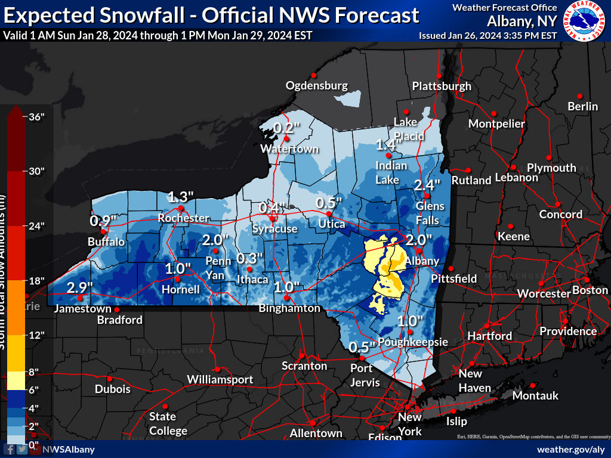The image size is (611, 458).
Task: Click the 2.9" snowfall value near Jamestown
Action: click(x=79, y=287)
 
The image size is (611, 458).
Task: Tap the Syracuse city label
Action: click(x=274, y=228)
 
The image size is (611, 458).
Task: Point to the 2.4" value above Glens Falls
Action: click(x=427, y=184)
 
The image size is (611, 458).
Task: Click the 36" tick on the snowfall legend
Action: click(x=37, y=117)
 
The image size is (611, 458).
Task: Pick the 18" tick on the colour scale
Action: click(x=37, y=280)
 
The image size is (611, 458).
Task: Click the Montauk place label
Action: click(x=535, y=395)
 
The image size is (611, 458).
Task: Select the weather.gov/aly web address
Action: click(x=571, y=449)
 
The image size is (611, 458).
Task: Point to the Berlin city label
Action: click(x=582, y=106)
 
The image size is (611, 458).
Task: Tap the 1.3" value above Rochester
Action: click(x=181, y=197)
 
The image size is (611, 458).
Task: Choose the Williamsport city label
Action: click(x=220, y=379)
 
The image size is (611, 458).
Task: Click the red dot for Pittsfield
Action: click(x=451, y=268)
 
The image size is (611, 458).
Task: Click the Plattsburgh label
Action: click(x=442, y=86)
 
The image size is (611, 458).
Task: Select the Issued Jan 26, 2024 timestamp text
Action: click(x=487, y=35)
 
